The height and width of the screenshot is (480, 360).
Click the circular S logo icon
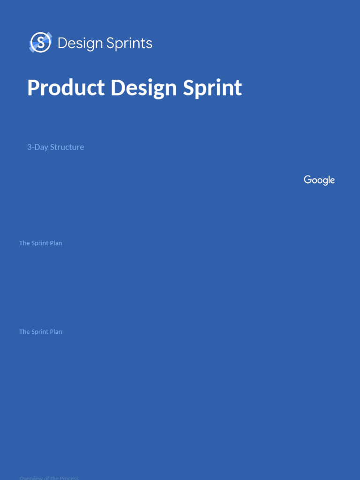40,43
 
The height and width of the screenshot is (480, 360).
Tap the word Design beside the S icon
80,44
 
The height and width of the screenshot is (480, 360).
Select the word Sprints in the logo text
129,44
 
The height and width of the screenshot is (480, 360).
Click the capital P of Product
33,88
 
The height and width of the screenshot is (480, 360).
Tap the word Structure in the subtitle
67,147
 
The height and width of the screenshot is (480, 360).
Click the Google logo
319,180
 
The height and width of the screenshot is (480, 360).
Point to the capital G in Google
308,180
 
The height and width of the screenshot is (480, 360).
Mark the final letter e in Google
332,180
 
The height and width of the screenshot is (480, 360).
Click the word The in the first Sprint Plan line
24,243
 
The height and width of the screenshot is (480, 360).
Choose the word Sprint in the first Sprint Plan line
40,243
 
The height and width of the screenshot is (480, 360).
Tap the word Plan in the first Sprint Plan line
56,243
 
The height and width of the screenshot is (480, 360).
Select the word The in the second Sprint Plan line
24,331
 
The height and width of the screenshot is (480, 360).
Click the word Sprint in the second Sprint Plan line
40,332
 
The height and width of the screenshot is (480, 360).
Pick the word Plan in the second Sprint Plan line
56,331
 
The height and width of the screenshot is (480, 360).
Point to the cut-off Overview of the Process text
49,478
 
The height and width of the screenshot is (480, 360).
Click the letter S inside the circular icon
41,43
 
